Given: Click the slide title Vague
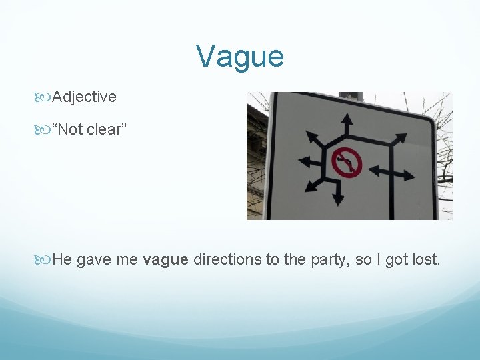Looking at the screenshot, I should [240, 56].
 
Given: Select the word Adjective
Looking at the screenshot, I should [84, 97].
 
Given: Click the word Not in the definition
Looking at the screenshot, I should [70, 129].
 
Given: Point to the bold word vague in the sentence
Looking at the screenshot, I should [165, 259].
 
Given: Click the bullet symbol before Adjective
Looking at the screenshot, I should [45, 97].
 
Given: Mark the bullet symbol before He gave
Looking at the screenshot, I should [45, 259].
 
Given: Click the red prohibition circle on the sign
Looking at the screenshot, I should [347, 162].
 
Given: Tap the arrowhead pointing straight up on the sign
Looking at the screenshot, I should [347, 120].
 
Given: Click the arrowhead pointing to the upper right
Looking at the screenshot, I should [399, 138].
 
